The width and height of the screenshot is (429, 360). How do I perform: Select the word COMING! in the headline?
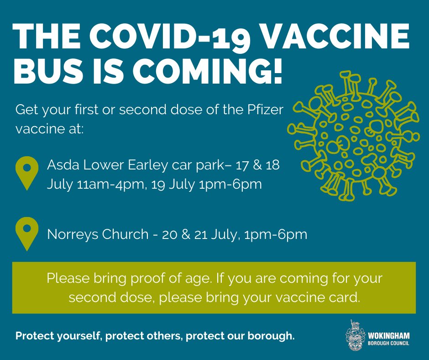click(207, 71)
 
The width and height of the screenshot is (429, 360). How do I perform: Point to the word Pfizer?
click(265, 110)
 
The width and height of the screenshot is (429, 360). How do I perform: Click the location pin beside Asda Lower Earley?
click(27, 173)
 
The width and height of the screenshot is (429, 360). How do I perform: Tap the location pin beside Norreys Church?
click(27, 234)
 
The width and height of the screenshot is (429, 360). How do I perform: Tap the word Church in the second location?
click(126, 234)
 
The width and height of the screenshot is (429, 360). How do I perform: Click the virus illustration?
click(354, 136)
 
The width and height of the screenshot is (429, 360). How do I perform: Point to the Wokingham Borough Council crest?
click(356, 335)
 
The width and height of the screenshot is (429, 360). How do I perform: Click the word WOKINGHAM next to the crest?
click(389, 336)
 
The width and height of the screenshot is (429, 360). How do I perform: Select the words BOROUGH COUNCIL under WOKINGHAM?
click(388, 343)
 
